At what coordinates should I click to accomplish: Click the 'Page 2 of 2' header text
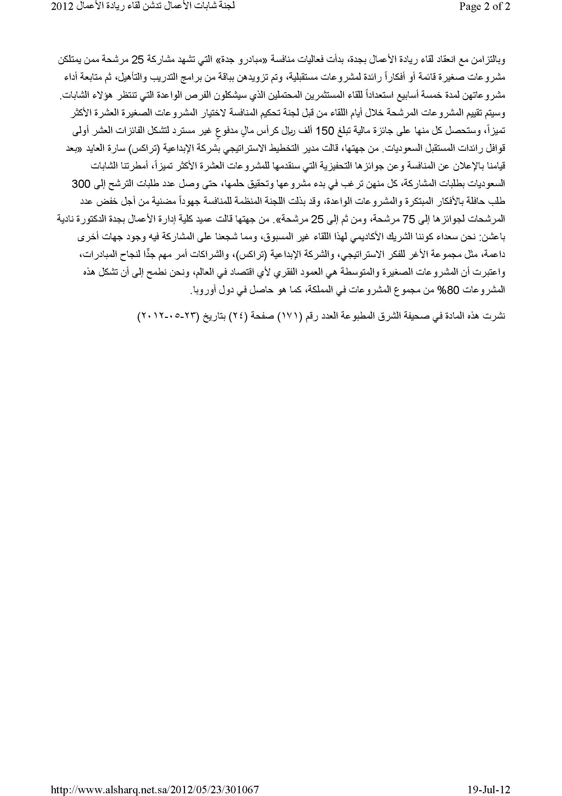pos(485,6)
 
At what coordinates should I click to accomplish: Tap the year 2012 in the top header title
pos(63,6)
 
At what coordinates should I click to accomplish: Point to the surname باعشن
pos(494,237)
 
